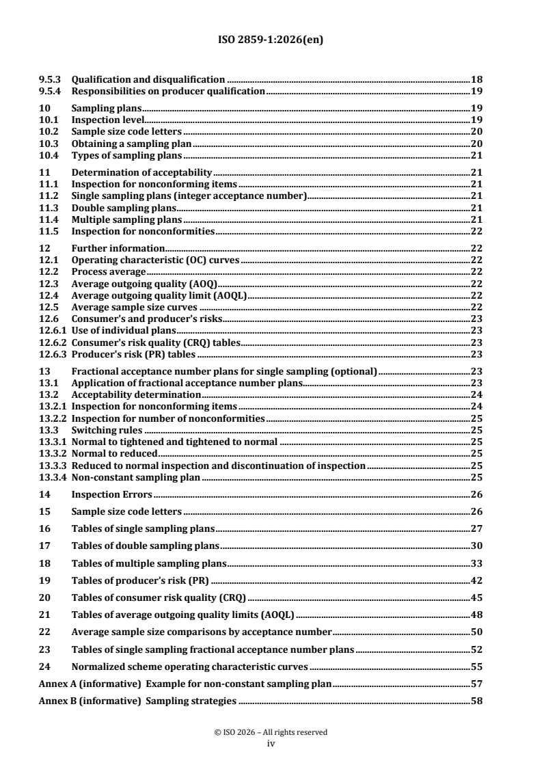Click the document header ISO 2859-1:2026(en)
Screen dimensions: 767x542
pyautogui.click(x=271, y=40)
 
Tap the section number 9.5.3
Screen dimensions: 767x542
pyautogui.click(x=49, y=79)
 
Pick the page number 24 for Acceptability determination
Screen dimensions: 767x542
pyautogui.click(x=477, y=394)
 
